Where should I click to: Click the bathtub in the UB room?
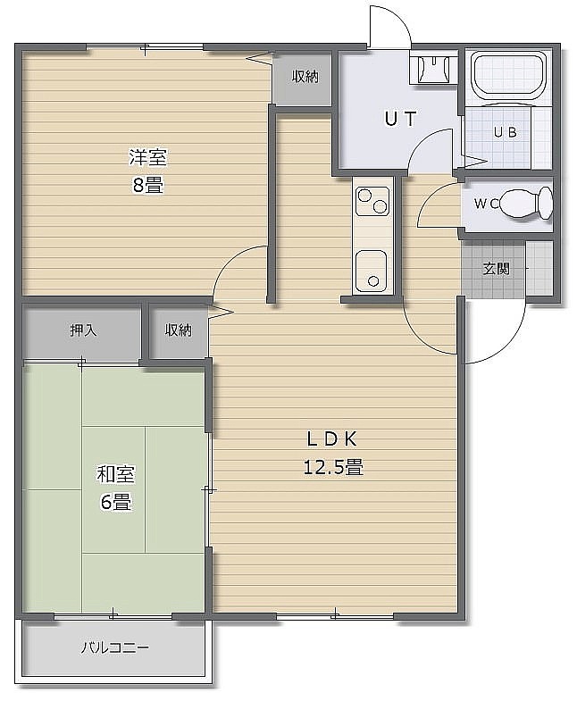(x=509, y=74)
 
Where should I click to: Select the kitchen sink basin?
(x=371, y=270)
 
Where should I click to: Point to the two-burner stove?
(x=372, y=201)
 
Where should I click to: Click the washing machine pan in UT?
(x=433, y=69)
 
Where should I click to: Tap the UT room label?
(x=400, y=119)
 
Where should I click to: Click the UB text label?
(x=506, y=132)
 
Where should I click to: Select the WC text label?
(x=487, y=204)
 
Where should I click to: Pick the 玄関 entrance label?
(x=496, y=269)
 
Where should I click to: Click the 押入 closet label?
(x=83, y=330)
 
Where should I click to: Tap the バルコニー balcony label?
(x=114, y=647)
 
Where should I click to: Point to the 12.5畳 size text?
(x=333, y=468)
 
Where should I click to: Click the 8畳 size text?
(x=148, y=185)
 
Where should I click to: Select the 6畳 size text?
(x=115, y=502)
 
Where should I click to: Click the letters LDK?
(x=332, y=439)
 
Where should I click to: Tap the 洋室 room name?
(x=147, y=157)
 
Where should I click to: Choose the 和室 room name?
(x=116, y=474)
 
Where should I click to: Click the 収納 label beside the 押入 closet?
(x=179, y=330)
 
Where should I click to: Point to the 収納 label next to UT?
(x=305, y=77)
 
